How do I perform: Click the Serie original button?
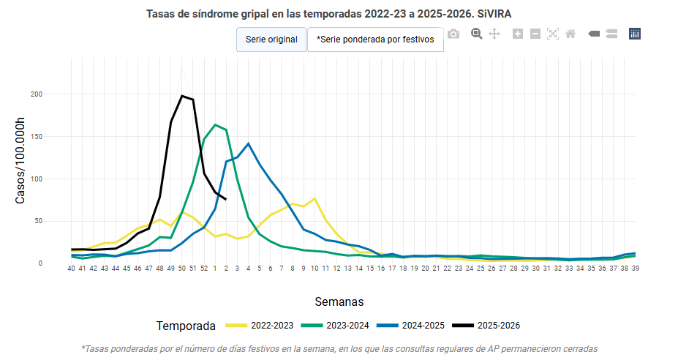271,40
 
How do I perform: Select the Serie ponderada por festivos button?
375,40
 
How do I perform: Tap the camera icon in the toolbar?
453,34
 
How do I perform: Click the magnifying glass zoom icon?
477,34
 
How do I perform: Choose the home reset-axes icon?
570,34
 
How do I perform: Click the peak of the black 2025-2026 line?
182,96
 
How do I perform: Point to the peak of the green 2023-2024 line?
215,124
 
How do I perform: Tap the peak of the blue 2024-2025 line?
249,143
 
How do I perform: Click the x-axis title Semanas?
339,301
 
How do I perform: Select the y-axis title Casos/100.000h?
20,161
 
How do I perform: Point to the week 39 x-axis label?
636,269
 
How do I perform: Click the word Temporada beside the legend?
186,326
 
